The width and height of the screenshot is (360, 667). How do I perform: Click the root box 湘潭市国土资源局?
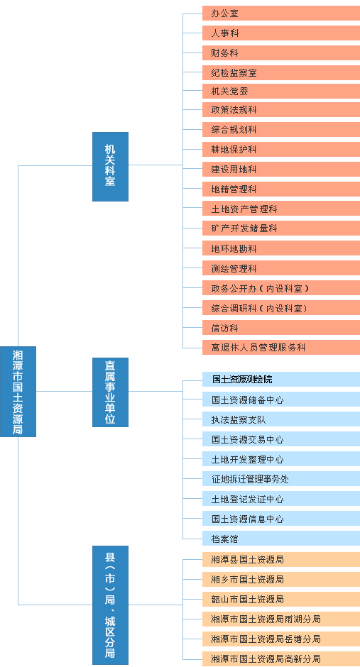tap(18, 392)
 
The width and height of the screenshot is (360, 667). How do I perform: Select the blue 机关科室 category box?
tap(110, 166)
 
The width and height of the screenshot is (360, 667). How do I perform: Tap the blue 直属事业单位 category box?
tap(110, 392)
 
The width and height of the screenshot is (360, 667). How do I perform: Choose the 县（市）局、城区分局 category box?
tap(110, 605)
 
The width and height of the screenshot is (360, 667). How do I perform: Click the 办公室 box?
tap(281, 13)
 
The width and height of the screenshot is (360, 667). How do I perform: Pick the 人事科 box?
tap(281, 33)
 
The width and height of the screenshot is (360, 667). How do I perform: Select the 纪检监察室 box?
tap(281, 73)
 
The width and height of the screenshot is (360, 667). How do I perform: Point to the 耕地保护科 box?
tap(281, 149)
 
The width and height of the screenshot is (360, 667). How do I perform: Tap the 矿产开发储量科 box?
tap(281, 228)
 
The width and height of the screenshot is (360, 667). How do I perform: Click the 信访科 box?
tap(281, 328)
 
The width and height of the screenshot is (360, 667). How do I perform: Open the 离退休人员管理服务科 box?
tap(281, 348)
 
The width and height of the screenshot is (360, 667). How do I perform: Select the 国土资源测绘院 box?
tap(281, 380)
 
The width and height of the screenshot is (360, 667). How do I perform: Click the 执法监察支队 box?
tap(281, 419)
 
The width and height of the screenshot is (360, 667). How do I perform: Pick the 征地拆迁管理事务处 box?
tap(281, 479)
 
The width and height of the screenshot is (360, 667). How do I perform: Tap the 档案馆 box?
tap(281, 539)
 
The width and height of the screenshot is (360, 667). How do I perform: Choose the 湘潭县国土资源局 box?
tap(281, 559)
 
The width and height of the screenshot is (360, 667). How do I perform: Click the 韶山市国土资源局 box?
tap(281, 600)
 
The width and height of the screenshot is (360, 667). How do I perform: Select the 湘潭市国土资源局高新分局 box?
tap(281, 659)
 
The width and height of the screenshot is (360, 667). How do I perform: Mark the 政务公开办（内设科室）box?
tap(281, 288)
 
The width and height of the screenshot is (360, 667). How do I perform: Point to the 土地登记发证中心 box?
tap(281, 499)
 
